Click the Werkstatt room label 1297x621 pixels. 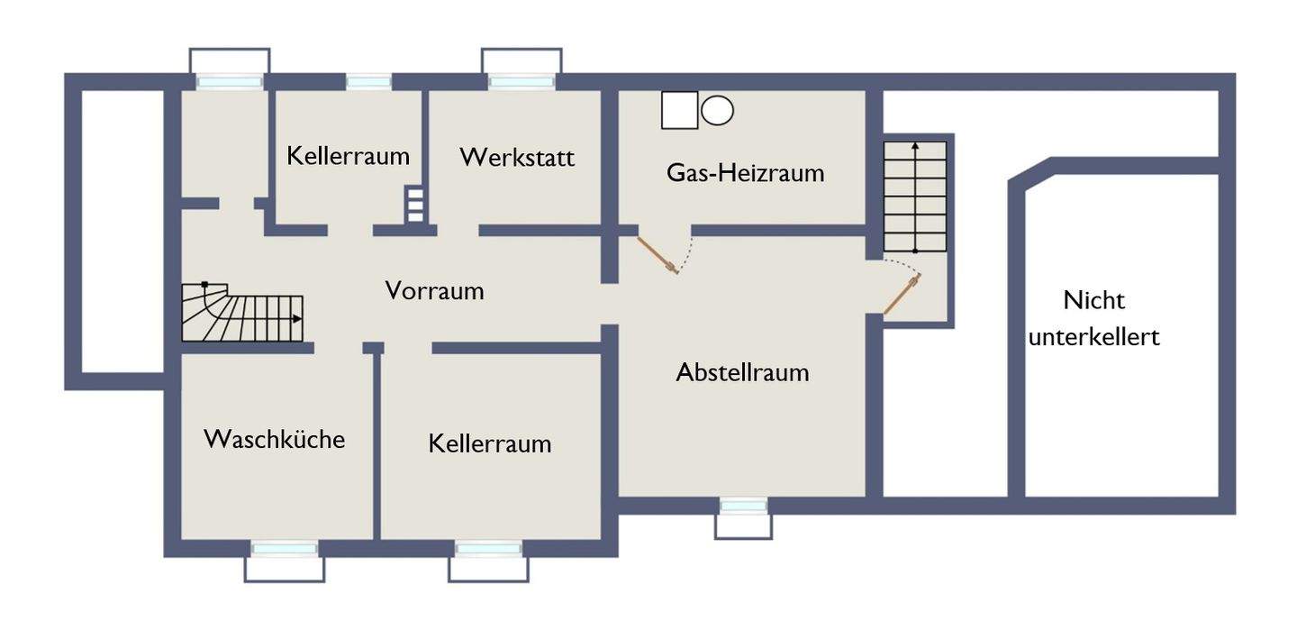click(517, 157)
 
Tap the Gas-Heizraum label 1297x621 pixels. click(745, 172)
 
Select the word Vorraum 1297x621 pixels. click(434, 291)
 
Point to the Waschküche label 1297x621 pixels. click(274, 439)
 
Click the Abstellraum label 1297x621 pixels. click(742, 371)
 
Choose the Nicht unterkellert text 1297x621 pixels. click(1093, 318)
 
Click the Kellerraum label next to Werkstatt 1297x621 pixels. click(348, 156)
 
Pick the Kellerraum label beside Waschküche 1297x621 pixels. click(489, 443)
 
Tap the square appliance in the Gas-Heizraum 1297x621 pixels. click(679, 111)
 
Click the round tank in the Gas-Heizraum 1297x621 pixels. click(717, 111)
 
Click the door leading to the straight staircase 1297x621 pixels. click(902, 296)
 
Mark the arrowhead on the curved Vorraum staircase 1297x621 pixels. click(297, 318)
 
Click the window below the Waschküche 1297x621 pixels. click(284, 548)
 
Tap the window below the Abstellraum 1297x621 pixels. click(743, 507)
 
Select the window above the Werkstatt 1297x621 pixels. click(522, 82)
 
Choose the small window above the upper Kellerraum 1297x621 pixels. click(368, 82)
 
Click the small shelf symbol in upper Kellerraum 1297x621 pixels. click(414, 205)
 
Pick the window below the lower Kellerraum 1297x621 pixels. click(488, 548)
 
